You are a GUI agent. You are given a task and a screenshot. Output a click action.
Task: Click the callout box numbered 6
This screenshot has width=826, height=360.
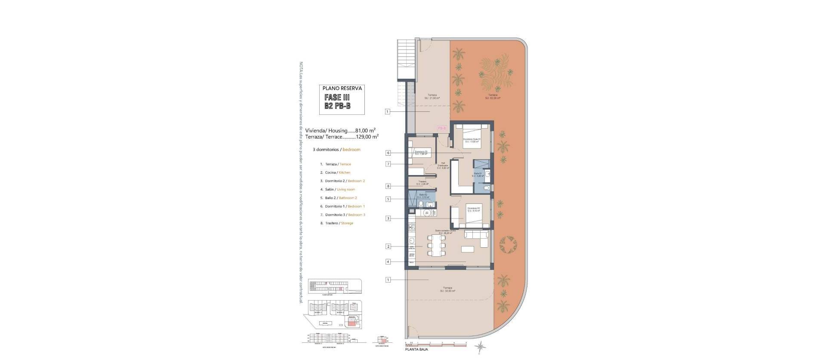388,153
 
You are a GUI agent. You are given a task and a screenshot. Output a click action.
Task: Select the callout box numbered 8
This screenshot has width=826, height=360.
388,186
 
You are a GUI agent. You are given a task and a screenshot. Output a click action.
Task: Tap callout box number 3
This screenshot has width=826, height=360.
388,218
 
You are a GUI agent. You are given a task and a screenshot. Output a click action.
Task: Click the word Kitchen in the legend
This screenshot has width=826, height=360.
344,172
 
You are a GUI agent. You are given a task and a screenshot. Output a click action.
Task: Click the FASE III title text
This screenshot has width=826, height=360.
337,98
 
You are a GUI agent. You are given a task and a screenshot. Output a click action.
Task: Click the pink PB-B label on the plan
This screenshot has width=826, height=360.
442,128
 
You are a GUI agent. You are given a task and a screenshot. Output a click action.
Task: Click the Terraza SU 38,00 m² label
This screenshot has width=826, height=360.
447,289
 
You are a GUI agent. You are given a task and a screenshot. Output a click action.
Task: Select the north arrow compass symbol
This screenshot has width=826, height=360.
480,346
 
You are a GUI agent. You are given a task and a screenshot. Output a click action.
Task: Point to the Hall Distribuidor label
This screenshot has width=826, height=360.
443,165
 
